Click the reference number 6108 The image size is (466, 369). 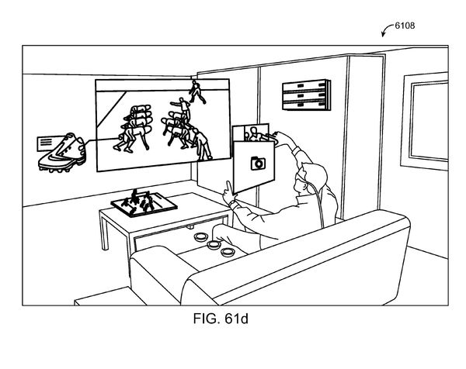(x=405, y=26)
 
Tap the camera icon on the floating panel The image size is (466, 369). (x=258, y=163)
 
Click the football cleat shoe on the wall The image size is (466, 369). (x=62, y=153)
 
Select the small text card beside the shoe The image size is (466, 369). (x=47, y=143)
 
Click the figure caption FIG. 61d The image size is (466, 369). (x=221, y=319)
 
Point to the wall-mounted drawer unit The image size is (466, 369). (x=306, y=95)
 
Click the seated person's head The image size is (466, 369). (x=310, y=178)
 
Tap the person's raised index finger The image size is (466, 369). (x=228, y=186)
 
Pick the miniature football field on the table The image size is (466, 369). (x=144, y=203)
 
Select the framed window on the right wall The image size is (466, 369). (x=425, y=120)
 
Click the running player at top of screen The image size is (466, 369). (x=196, y=92)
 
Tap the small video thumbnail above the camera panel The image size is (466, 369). (x=251, y=133)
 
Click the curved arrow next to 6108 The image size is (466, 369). (x=386, y=29)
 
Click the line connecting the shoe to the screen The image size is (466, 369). (x=101, y=140)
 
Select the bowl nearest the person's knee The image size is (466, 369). (x=214, y=244)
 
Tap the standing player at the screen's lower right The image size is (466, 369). (x=202, y=144)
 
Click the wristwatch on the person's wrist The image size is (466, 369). (x=231, y=204)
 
